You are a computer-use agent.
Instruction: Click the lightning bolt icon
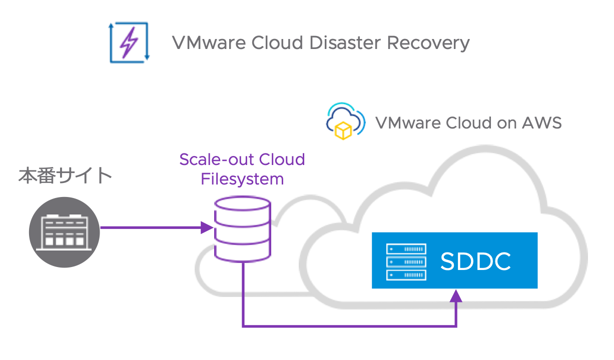coord(129,42)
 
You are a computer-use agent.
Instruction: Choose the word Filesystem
coord(242,178)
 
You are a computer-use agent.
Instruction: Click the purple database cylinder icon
coord(242,229)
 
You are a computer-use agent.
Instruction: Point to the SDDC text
coord(475,261)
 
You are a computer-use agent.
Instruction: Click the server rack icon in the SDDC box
coord(406,261)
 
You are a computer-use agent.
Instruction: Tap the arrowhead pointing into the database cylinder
coord(208,228)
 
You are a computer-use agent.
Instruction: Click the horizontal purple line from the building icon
coord(150,228)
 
